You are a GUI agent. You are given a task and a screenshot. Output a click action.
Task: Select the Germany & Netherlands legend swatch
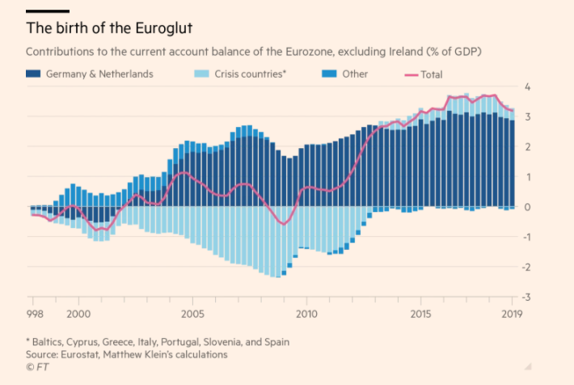[34, 74]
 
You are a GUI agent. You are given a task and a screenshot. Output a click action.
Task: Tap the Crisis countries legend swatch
[202, 74]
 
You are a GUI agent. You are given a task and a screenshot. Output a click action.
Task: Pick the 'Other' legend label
[355, 74]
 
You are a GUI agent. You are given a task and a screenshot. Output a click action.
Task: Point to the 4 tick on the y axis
[527, 87]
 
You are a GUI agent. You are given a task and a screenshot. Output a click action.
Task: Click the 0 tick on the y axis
[527, 207]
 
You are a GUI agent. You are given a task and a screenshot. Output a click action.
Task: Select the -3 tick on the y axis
[525, 298]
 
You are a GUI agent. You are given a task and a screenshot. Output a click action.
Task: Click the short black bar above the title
[47, 11]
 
